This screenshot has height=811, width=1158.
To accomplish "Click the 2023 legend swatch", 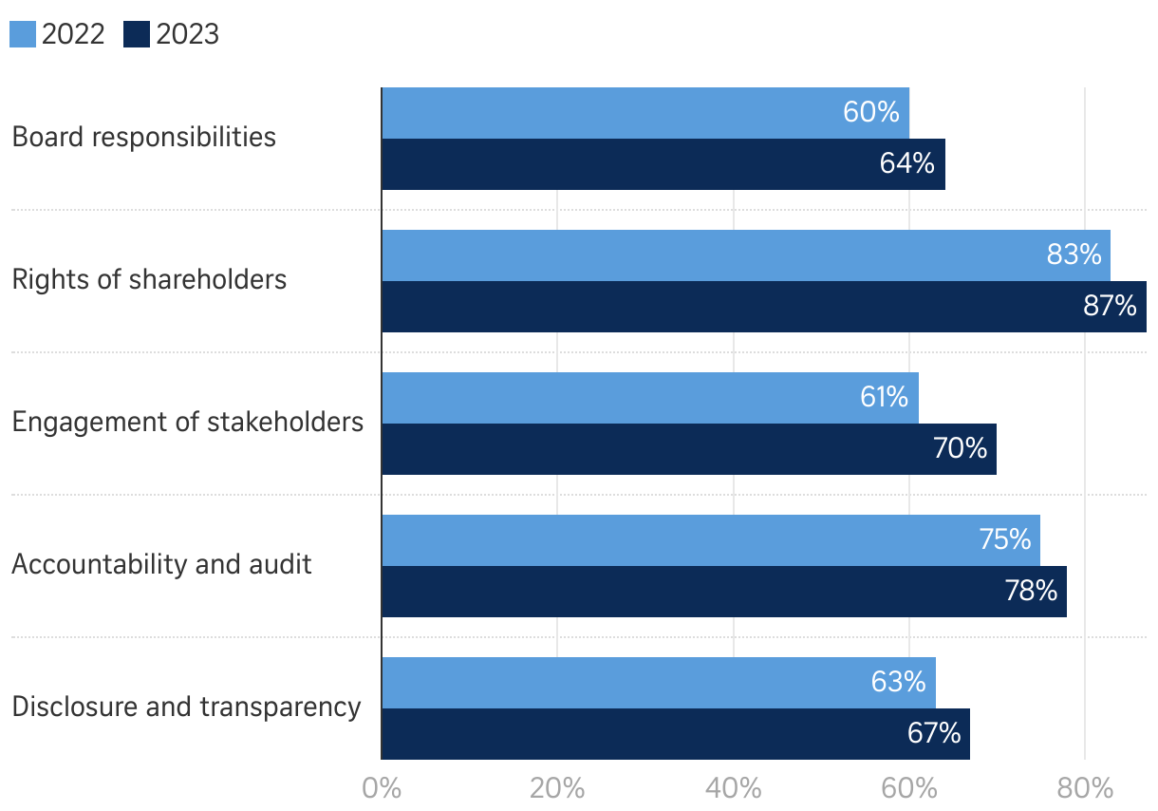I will click(138, 35).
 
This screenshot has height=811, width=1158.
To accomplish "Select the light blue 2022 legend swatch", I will click(23, 35).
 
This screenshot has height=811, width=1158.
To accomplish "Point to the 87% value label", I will click(1110, 307).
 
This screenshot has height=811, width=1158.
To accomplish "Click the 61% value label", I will click(884, 397).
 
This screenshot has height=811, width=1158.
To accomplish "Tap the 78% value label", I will click(1031, 592).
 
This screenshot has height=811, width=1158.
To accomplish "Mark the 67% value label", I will click(934, 734).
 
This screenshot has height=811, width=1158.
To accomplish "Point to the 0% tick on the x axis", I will click(382, 789).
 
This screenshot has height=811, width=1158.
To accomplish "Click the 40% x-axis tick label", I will click(734, 789).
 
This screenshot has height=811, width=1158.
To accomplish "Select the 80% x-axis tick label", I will click(1085, 789).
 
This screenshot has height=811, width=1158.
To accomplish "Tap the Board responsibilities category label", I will click(144, 137).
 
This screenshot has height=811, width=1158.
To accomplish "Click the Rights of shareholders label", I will click(149, 280).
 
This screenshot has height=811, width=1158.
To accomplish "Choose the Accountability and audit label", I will click(161, 565).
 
